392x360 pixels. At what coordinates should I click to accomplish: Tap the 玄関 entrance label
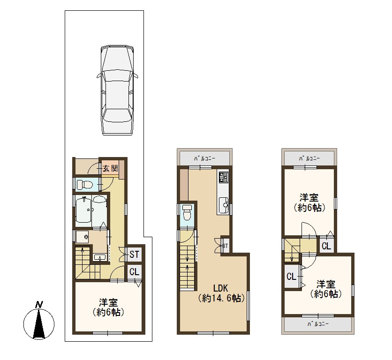(110, 168)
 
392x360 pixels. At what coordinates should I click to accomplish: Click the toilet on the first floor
(84, 185)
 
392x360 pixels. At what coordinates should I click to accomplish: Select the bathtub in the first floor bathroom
(84, 209)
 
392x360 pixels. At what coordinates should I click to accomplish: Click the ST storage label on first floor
(134, 255)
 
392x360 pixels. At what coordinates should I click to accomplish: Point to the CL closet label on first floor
(134, 272)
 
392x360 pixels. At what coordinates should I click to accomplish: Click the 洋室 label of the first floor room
(108, 302)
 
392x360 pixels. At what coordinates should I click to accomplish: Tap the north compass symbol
(39, 324)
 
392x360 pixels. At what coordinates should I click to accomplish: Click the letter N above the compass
(39, 305)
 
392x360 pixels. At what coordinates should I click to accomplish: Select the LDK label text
(220, 288)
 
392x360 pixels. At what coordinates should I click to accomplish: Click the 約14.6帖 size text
(221, 298)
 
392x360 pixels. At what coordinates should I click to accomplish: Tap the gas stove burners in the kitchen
(223, 177)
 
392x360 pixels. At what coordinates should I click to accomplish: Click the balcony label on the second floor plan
(204, 158)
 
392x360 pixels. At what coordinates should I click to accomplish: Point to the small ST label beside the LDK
(225, 246)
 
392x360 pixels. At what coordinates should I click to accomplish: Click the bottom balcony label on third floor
(318, 324)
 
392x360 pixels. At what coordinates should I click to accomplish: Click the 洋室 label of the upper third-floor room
(309, 198)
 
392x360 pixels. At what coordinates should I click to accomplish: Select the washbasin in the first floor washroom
(100, 257)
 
